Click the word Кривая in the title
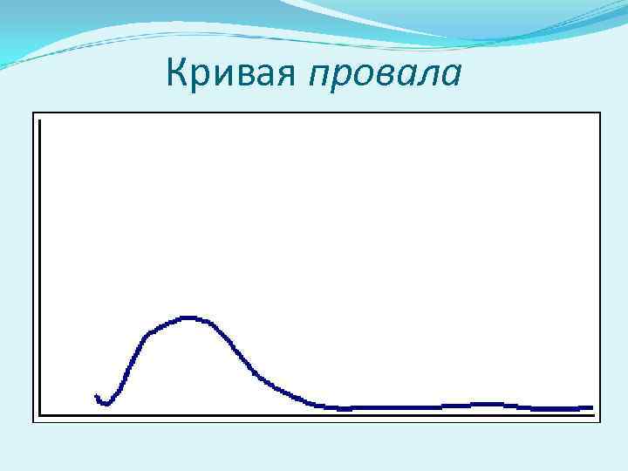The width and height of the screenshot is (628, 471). tap(232, 76)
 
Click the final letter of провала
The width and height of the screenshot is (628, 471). tap(451, 78)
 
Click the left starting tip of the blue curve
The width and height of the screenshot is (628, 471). tap(96, 396)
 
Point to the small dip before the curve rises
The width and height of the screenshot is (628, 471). tap(106, 404)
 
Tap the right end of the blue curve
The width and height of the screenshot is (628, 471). tap(591, 407)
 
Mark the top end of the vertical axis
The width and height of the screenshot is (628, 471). tap(40, 120)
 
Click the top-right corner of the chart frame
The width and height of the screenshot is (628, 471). tap(601, 113)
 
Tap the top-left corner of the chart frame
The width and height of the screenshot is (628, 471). tap(34, 113)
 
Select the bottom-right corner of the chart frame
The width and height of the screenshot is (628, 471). tap(601, 422)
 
